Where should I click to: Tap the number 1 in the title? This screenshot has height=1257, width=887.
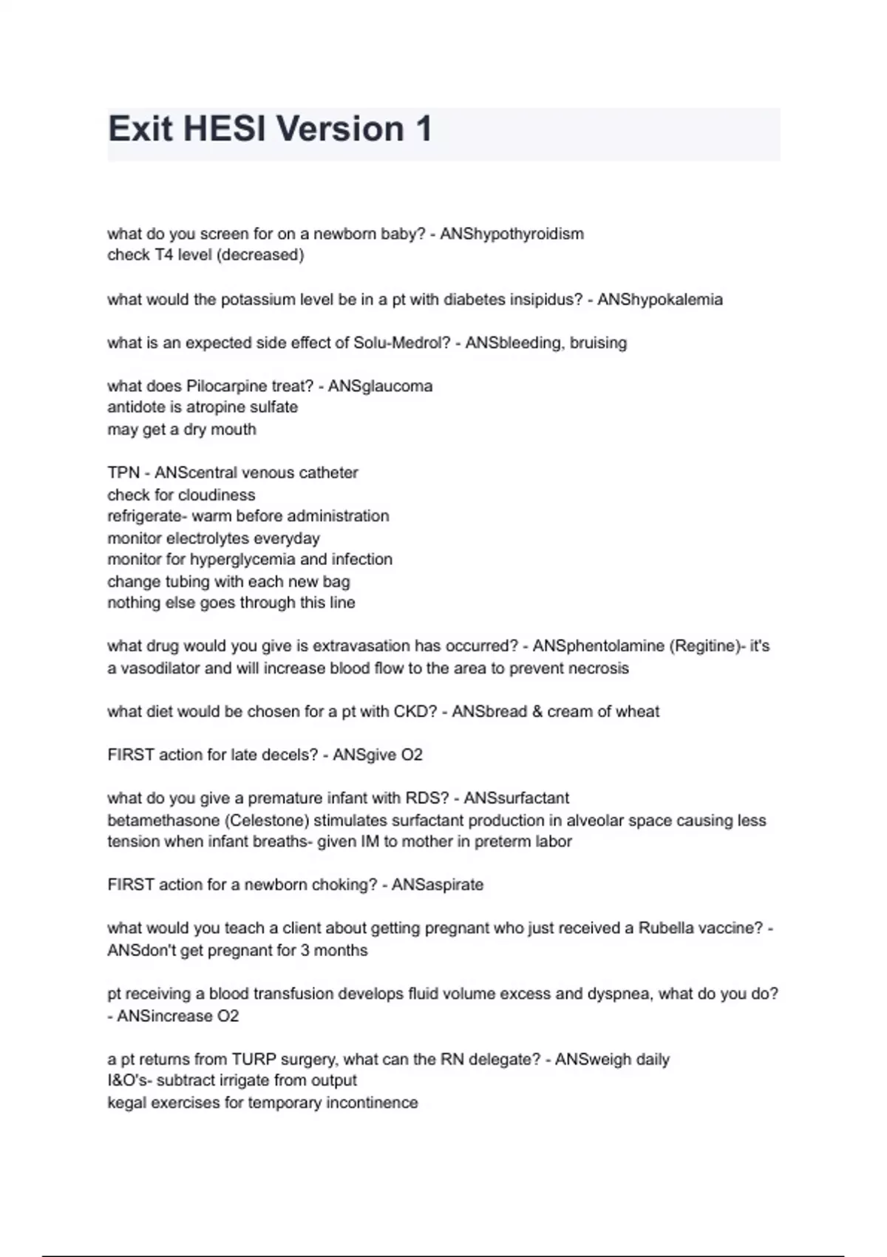424,129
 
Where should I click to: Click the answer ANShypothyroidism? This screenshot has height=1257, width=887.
512,234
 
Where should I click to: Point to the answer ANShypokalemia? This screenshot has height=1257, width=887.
659,299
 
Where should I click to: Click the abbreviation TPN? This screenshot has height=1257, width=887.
123,472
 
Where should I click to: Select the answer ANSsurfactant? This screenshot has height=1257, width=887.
516,799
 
